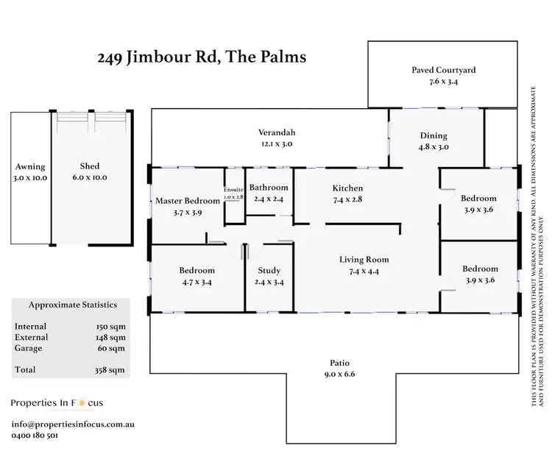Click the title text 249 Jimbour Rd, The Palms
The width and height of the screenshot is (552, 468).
(x=202, y=57)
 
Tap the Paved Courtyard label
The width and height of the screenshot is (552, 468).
(x=443, y=71)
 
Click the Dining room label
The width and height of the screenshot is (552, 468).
(x=434, y=135)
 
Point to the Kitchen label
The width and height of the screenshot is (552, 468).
(x=347, y=188)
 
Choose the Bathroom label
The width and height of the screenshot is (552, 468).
(x=269, y=188)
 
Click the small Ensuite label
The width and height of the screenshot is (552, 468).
(x=233, y=191)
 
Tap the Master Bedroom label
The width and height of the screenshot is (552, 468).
(x=187, y=200)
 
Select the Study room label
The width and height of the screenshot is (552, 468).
(x=269, y=270)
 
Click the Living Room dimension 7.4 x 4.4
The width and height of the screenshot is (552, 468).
(x=364, y=272)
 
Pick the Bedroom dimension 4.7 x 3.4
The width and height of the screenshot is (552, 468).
(x=197, y=282)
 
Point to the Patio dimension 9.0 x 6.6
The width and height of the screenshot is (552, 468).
(x=339, y=375)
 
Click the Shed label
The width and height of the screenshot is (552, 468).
(x=90, y=166)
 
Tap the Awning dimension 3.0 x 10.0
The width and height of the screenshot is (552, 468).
(x=29, y=178)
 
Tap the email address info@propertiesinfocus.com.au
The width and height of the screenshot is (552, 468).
(x=72, y=425)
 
